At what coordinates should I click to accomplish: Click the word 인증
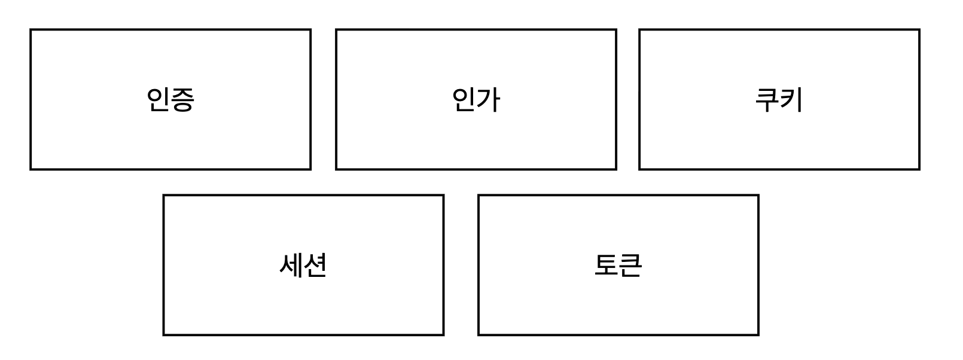pyautogui.click(x=170, y=100)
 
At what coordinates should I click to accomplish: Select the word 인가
pyautogui.click(x=476, y=100)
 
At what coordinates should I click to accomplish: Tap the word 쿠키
pyautogui.click(x=779, y=100)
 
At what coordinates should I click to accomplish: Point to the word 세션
pyautogui.click(x=303, y=265)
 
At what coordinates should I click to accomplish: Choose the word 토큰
pyautogui.click(x=618, y=265)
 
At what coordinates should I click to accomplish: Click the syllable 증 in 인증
pyautogui.click(x=183, y=100)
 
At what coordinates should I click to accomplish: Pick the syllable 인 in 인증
pyautogui.click(x=158, y=100)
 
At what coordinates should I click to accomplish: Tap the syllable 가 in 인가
pyautogui.click(x=488, y=100)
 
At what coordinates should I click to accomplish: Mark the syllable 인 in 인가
pyautogui.click(x=464, y=100)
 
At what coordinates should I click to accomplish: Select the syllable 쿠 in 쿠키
pyautogui.click(x=767, y=100)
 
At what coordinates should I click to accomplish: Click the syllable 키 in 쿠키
pyautogui.click(x=791, y=100)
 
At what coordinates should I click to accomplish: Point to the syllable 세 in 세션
pyautogui.click(x=291, y=265)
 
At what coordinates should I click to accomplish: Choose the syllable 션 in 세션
pyautogui.click(x=316, y=265)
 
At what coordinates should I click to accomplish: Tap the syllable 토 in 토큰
pyautogui.click(x=606, y=265)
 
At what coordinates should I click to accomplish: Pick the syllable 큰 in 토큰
pyautogui.click(x=630, y=265)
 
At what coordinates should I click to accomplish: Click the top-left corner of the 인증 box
pyautogui.click(x=31, y=30)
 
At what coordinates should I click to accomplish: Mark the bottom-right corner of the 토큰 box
pyautogui.click(x=758, y=335)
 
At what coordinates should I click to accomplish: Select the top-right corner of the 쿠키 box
pyautogui.click(x=919, y=30)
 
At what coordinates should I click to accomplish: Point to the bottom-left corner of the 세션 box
pyautogui.click(x=164, y=335)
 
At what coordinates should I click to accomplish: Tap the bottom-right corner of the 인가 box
pyautogui.click(x=616, y=169)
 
